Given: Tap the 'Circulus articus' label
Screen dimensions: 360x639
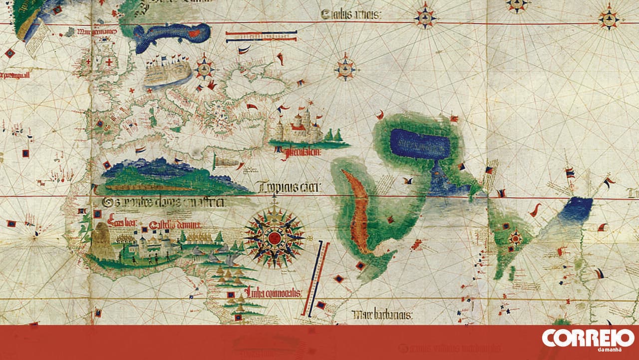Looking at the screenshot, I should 351,15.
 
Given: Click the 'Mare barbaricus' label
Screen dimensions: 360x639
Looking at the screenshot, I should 381,315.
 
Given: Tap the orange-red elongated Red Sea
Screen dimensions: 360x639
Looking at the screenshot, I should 359,210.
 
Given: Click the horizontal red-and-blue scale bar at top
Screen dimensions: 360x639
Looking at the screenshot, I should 261,36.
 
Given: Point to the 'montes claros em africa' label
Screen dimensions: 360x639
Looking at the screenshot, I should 163,202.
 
